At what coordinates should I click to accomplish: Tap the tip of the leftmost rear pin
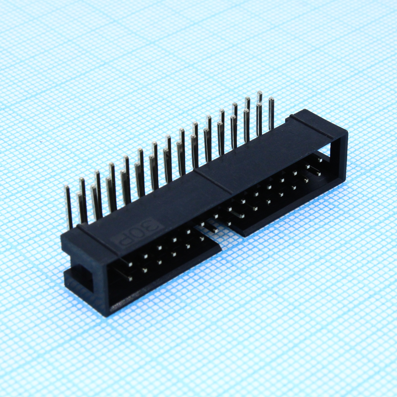pos(66,187)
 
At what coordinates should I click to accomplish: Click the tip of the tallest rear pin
pos(260,93)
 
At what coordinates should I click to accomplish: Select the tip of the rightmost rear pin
pos(271,99)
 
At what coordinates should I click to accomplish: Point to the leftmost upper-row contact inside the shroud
pos(130,265)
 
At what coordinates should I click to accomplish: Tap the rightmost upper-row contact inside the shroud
pos(319,160)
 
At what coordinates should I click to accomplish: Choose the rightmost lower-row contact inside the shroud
pos(319,174)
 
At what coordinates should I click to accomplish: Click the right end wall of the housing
pos(341,158)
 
